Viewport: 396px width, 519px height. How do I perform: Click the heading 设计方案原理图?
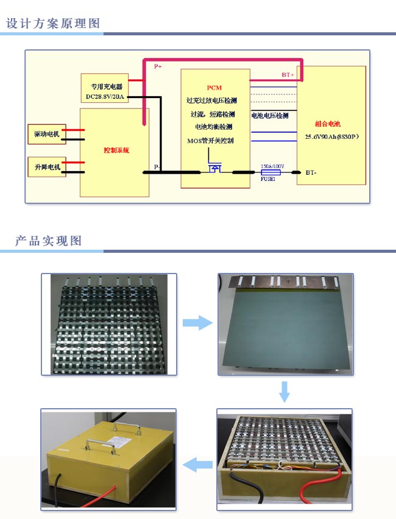[x=53, y=24]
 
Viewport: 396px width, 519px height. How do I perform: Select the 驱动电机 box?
[x=47, y=133]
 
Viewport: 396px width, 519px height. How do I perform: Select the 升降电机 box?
[x=47, y=166]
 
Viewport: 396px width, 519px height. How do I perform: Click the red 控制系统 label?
[x=116, y=150]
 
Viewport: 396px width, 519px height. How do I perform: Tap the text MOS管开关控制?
[x=210, y=141]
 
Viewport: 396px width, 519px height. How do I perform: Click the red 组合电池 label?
[x=328, y=123]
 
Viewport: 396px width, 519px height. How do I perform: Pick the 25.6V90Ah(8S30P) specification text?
[x=331, y=137]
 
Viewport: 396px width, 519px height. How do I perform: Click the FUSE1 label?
[x=268, y=180]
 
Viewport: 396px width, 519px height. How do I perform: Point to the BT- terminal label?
[x=311, y=173]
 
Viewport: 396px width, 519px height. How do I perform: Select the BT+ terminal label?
[x=288, y=75]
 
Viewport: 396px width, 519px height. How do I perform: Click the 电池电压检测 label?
[x=270, y=115]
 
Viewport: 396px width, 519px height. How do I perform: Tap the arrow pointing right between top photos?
[x=197, y=323]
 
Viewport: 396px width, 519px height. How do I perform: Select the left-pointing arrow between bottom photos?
[x=197, y=464]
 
